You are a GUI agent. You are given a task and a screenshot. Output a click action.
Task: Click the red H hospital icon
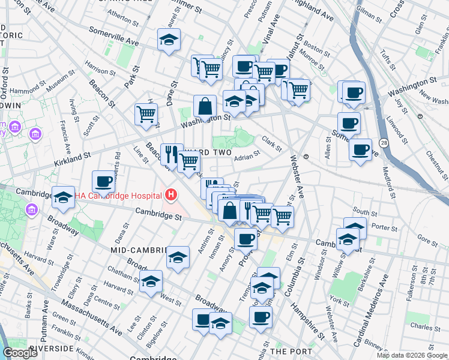(x=171, y=195)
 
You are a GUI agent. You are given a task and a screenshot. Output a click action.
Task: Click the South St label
(x=364, y=211)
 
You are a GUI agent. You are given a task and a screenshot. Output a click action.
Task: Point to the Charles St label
(x=425, y=327)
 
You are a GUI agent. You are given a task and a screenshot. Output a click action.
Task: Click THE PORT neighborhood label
(x=291, y=351)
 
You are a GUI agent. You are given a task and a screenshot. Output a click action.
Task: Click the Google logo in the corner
(x=19, y=353)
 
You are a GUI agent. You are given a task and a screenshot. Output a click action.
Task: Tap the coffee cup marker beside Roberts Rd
(x=103, y=181)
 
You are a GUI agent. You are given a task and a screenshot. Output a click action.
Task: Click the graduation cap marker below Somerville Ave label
(x=169, y=41)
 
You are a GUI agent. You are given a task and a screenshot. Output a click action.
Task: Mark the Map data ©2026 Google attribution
(x=412, y=355)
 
